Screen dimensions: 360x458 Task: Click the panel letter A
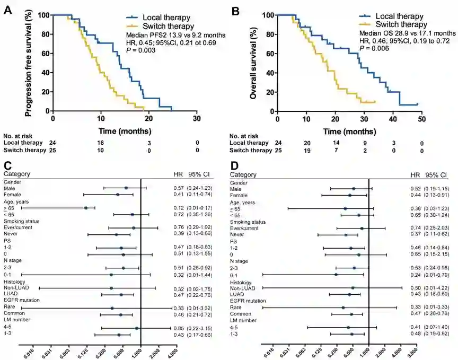7,9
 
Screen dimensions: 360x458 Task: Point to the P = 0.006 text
371,48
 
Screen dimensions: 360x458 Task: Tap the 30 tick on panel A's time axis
197,120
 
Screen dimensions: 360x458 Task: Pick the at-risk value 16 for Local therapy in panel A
101,143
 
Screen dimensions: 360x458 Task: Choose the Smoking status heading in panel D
246,221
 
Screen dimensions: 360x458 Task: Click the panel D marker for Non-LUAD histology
353,288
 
